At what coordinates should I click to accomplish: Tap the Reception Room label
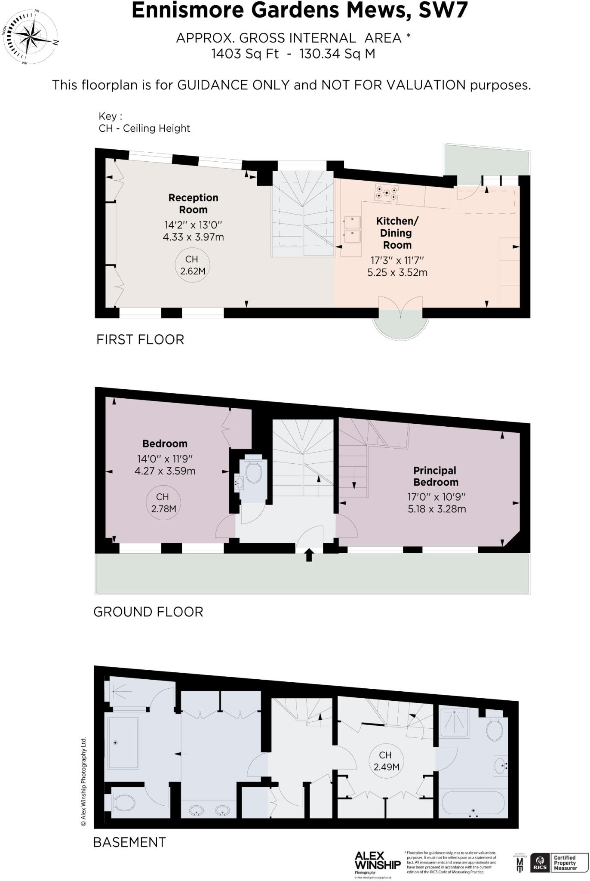(x=193, y=204)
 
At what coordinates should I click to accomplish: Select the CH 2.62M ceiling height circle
(x=192, y=265)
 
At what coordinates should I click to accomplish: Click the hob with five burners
(x=386, y=192)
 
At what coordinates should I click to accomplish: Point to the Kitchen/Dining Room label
(x=396, y=233)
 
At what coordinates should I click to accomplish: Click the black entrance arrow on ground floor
(x=309, y=555)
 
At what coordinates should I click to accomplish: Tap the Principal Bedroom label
(x=436, y=476)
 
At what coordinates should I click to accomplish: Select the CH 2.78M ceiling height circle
(x=163, y=502)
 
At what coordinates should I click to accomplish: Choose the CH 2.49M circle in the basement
(x=386, y=761)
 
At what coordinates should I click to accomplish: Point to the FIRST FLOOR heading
(x=140, y=340)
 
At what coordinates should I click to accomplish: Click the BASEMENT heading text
(x=129, y=842)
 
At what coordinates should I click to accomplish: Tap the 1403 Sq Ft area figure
(x=245, y=54)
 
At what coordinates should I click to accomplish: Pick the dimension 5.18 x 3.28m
(x=436, y=509)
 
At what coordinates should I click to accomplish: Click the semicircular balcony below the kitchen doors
(x=400, y=323)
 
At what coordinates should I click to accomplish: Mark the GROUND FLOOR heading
(x=148, y=612)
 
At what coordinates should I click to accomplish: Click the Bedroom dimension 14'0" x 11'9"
(x=165, y=459)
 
